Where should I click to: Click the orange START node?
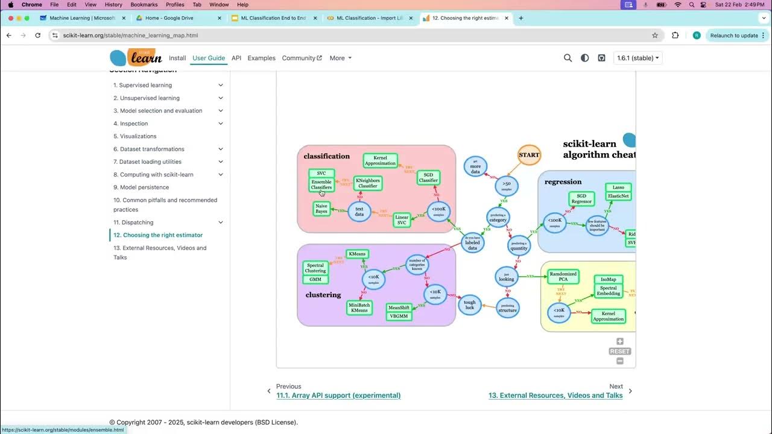(529, 155)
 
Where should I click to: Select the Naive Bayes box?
(321, 209)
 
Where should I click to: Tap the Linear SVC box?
(401, 219)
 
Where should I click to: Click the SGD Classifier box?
(428, 177)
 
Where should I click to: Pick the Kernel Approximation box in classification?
(380, 160)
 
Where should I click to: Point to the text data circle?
(359, 211)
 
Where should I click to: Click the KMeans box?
(357, 254)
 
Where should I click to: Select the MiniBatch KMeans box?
(359, 307)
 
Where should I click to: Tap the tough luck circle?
(470, 305)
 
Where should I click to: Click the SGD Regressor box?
(581, 199)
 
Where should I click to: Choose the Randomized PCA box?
(563, 277)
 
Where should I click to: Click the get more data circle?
(475, 167)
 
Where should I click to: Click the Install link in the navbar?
(177, 58)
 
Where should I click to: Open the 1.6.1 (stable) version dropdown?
(638, 58)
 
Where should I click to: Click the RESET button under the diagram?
(619, 351)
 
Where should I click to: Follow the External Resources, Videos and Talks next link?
(555, 395)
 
